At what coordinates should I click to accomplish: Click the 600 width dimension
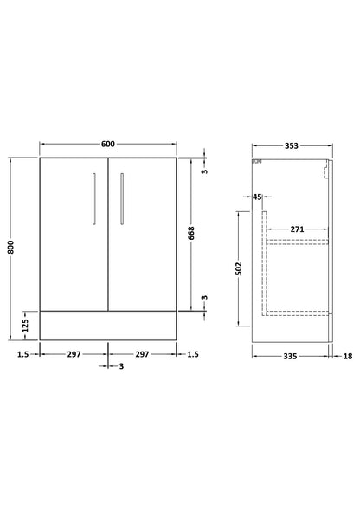point(107,145)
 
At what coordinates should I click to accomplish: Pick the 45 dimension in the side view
point(258,197)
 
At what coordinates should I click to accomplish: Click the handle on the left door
point(93,200)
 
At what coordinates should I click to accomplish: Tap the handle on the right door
point(123,200)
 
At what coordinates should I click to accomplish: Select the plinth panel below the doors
point(107,323)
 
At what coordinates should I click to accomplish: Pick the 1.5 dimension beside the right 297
point(193,353)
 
